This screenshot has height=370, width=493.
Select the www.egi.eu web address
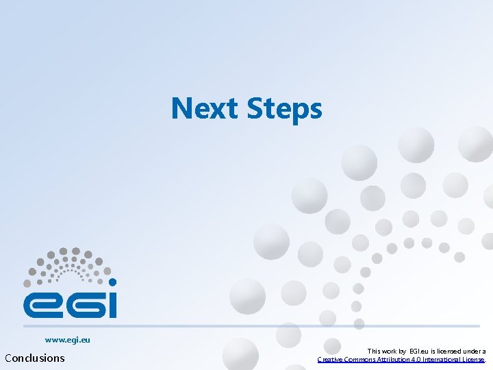click(x=68, y=339)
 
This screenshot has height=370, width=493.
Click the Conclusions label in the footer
click(x=35, y=358)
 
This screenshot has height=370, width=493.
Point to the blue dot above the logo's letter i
click(x=113, y=282)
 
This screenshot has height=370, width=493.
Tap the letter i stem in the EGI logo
click(x=112, y=305)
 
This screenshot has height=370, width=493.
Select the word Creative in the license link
click(x=331, y=359)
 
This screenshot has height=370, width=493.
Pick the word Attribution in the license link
click(x=399, y=359)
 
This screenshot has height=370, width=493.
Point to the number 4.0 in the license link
click(x=425, y=359)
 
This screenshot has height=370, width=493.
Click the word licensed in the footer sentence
click(x=448, y=351)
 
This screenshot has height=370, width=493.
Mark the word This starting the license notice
click(x=375, y=351)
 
